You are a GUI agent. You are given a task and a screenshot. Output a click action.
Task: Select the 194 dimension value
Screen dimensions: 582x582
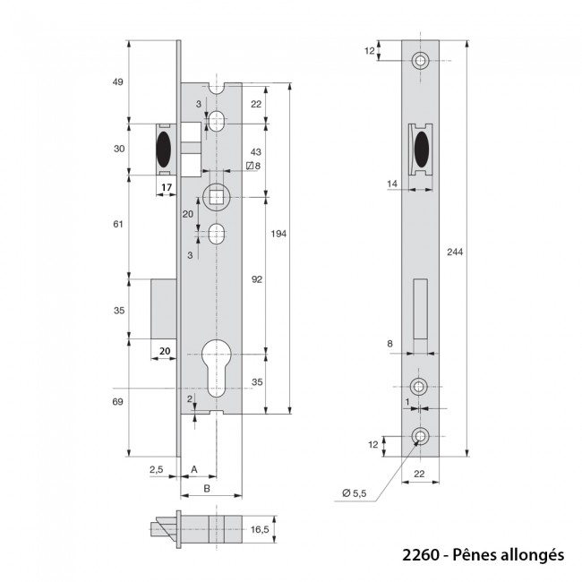pyautogui.click(x=279, y=234)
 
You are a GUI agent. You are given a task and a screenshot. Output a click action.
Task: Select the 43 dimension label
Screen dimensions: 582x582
pyautogui.click(x=255, y=152)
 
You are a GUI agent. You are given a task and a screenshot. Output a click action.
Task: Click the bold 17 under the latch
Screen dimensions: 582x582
pyautogui.click(x=165, y=188)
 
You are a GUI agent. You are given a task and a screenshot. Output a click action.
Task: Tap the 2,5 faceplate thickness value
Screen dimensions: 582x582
pyautogui.click(x=156, y=468)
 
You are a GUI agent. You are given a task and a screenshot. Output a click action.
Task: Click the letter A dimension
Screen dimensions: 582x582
pyautogui.click(x=195, y=468)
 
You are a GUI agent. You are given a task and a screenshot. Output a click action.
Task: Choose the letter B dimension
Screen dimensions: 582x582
pyautogui.click(x=207, y=488)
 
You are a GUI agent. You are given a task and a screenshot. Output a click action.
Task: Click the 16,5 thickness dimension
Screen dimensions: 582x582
pyautogui.click(x=261, y=530)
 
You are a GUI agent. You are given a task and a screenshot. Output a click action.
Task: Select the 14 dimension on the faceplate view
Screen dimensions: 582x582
pyautogui.click(x=393, y=184)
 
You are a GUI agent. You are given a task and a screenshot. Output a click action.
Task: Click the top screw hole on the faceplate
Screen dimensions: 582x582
pyautogui.click(x=420, y=61)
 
